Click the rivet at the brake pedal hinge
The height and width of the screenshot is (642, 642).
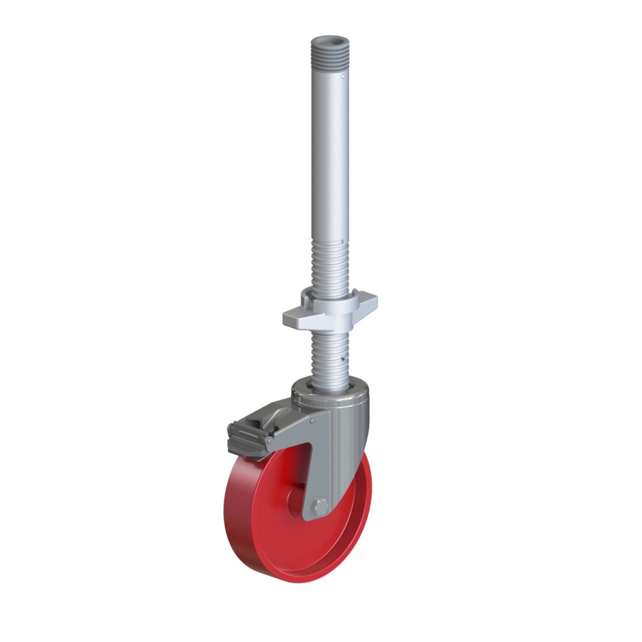click(270, 441)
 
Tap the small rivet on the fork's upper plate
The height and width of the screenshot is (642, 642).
click(313, 421)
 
